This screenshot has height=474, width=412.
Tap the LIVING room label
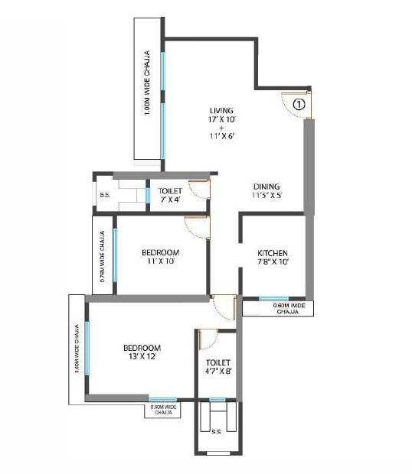click(221, 123)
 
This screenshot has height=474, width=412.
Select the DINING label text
click(267, 190)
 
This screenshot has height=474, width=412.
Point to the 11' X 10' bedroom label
click(161, 257)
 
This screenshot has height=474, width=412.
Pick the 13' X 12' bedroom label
click(142, 352)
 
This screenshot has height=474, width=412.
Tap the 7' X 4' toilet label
click(169, 196)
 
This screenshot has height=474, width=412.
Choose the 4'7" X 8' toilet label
click(218, 367)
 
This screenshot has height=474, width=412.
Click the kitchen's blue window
click(273, 298)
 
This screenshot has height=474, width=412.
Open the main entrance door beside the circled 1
click(296, 106)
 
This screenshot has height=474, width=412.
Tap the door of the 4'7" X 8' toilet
click(208, 339)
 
